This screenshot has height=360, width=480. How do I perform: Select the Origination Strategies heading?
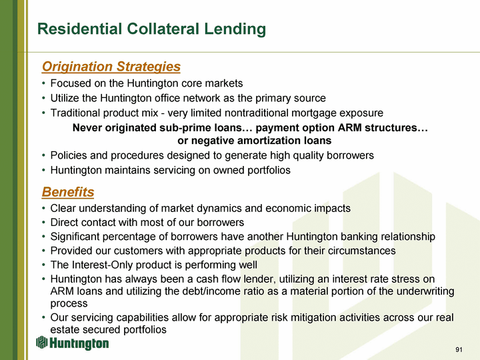111,67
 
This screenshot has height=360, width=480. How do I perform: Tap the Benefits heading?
68,192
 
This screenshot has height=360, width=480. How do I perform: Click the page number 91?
459,349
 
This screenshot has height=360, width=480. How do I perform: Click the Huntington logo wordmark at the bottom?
79,343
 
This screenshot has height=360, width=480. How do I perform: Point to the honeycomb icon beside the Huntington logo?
41,342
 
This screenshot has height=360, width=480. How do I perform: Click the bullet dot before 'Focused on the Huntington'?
44,83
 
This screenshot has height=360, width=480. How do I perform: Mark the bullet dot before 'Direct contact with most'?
44,223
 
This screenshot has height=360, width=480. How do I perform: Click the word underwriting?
425,291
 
